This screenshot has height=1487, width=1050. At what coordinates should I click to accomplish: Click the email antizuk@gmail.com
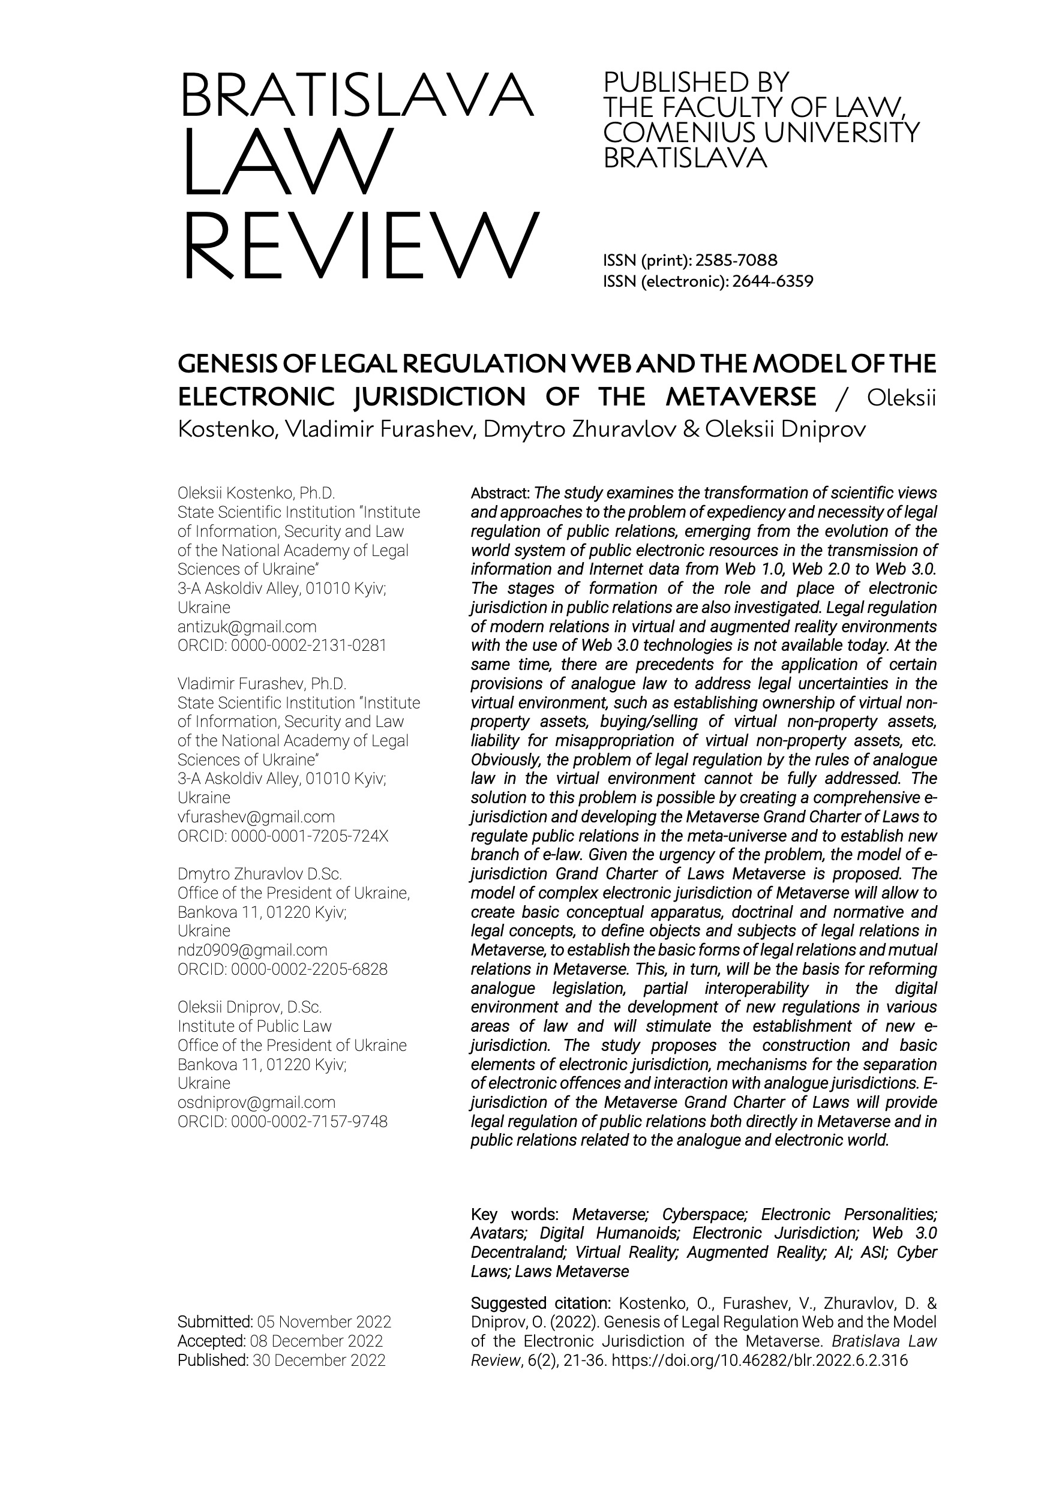247,627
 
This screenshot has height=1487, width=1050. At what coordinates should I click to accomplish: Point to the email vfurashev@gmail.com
256,818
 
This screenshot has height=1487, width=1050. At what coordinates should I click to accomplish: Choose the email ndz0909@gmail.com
252,950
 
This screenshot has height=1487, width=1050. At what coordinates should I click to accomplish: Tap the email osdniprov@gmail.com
257,1103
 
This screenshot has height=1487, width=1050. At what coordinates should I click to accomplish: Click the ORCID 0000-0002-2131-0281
308,645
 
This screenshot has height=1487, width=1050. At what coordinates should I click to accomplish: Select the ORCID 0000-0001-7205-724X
310,836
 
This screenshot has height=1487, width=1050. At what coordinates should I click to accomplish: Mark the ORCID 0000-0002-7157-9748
309,1122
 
